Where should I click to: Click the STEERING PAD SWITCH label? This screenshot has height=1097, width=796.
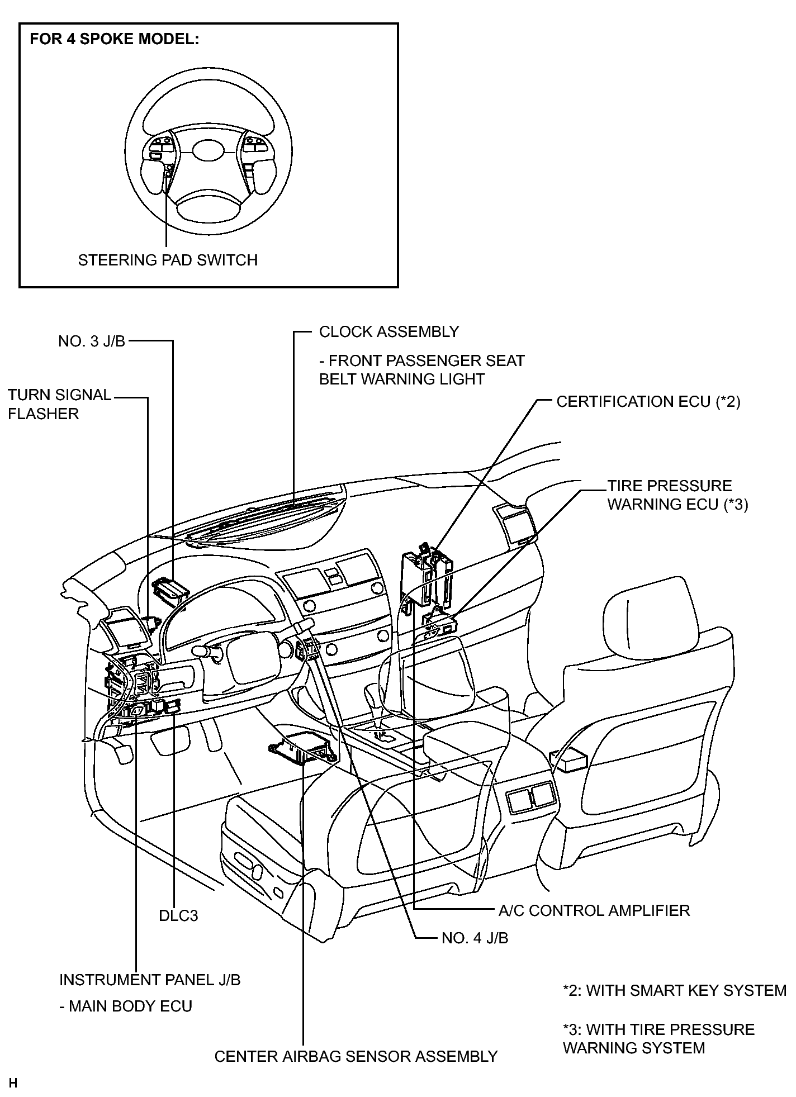click(168, 260)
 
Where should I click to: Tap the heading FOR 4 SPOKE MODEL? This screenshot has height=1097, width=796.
click(114, 39)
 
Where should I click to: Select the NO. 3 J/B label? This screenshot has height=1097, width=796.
click(92, 341)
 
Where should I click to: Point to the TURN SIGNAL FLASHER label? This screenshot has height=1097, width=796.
click(60, 404)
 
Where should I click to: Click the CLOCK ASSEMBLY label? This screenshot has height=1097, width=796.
click(389, 331)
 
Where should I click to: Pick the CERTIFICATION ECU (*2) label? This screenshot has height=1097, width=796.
click(648, 402)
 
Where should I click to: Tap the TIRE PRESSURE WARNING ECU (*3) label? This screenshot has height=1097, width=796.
click(677, 495)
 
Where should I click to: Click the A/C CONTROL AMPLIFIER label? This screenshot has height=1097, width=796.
click(594, 910)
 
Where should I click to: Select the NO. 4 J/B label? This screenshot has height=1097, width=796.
click(475, 938)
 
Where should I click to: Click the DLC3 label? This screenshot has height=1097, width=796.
click(179, 916)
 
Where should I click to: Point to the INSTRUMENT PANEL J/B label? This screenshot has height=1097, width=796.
click(150, 980)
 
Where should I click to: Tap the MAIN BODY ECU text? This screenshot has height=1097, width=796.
click(126, 1006)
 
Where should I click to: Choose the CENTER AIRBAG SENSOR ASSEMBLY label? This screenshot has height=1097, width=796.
click(356, 1057)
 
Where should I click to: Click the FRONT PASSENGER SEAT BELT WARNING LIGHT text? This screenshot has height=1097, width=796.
click(422, 369)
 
